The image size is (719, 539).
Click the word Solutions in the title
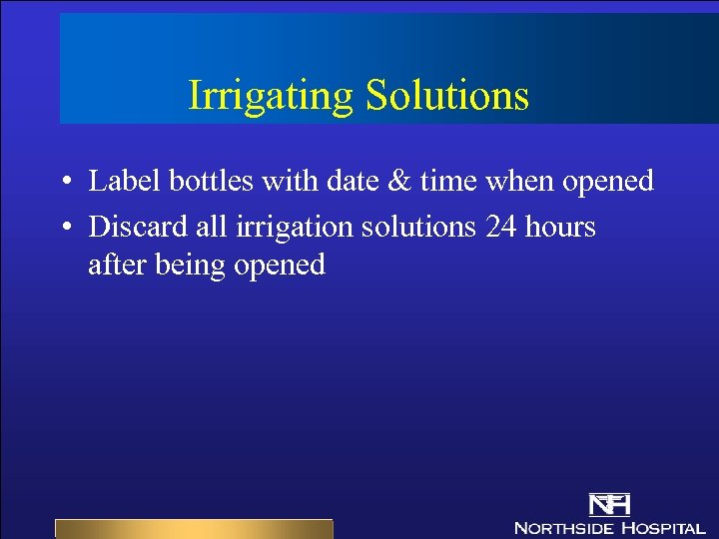click(x=446, y=95)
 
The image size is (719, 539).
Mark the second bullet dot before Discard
click(x=64, y=229)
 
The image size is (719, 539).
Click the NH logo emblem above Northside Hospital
click(x=608, y=505)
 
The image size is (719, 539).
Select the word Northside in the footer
click(x=564, y=527)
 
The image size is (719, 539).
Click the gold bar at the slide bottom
click(x=193, y=528)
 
